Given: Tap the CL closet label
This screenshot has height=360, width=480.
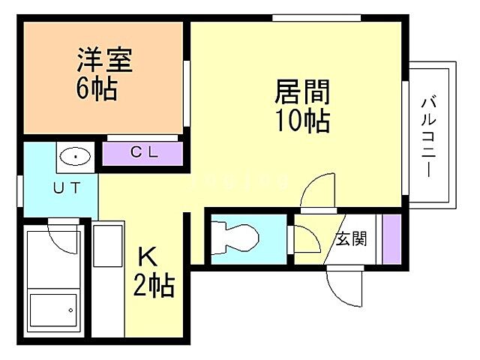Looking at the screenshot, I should [144, 153].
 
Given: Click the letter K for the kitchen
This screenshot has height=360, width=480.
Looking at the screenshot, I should [147, 257].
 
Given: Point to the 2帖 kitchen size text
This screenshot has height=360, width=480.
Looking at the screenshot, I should [156, 285].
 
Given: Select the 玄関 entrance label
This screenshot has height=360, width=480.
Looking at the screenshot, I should [351, 240].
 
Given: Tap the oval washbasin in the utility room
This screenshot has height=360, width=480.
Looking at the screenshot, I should [74, 157].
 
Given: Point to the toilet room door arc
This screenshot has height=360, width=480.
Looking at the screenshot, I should [306, 240].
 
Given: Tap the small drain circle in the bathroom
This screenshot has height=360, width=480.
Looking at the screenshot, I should [70, 310].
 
